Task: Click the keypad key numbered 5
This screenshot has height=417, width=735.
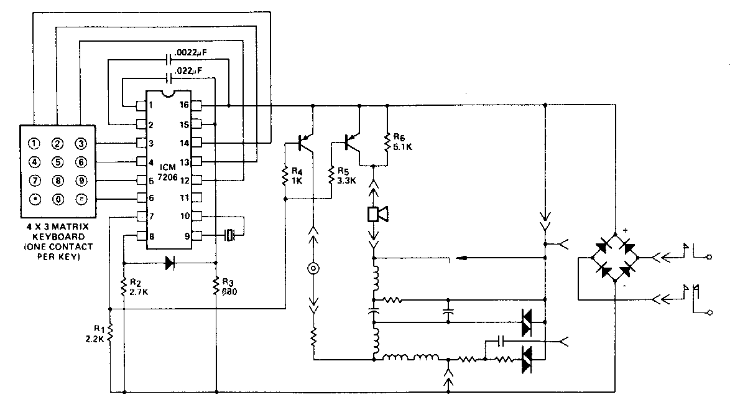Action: [57, 164]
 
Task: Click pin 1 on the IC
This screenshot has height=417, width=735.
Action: [141, 105]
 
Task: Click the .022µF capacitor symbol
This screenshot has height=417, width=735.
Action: [170, 78]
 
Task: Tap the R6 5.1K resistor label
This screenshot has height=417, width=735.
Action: [399, 143]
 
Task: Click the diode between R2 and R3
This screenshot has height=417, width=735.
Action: [169, 263]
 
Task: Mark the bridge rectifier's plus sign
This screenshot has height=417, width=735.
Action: [626, 231]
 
